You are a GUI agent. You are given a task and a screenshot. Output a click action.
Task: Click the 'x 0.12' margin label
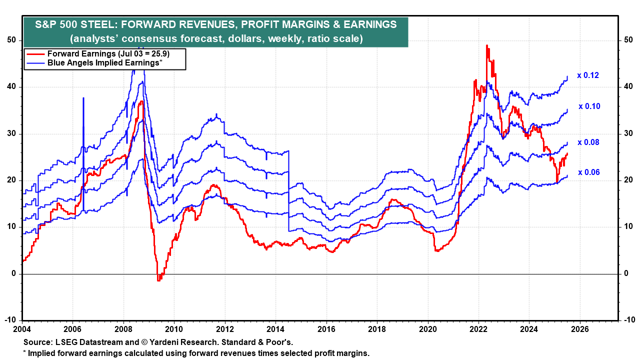(588, 75)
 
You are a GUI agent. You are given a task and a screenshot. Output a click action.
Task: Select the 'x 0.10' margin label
(589, 106)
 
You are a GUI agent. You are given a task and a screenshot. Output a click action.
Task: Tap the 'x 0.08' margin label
(588, 142)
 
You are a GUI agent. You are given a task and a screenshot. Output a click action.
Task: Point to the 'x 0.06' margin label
(589, 172)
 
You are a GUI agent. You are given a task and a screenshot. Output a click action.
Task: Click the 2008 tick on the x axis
(123, 329)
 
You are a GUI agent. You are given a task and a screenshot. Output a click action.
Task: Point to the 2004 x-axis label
(23, 329)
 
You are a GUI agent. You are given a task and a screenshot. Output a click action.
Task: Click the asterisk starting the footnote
(25, 353)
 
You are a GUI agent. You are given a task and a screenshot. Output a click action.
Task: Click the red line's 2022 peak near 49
(486, 45)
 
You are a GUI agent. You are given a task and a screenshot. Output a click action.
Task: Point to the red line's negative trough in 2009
(159, 280)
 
